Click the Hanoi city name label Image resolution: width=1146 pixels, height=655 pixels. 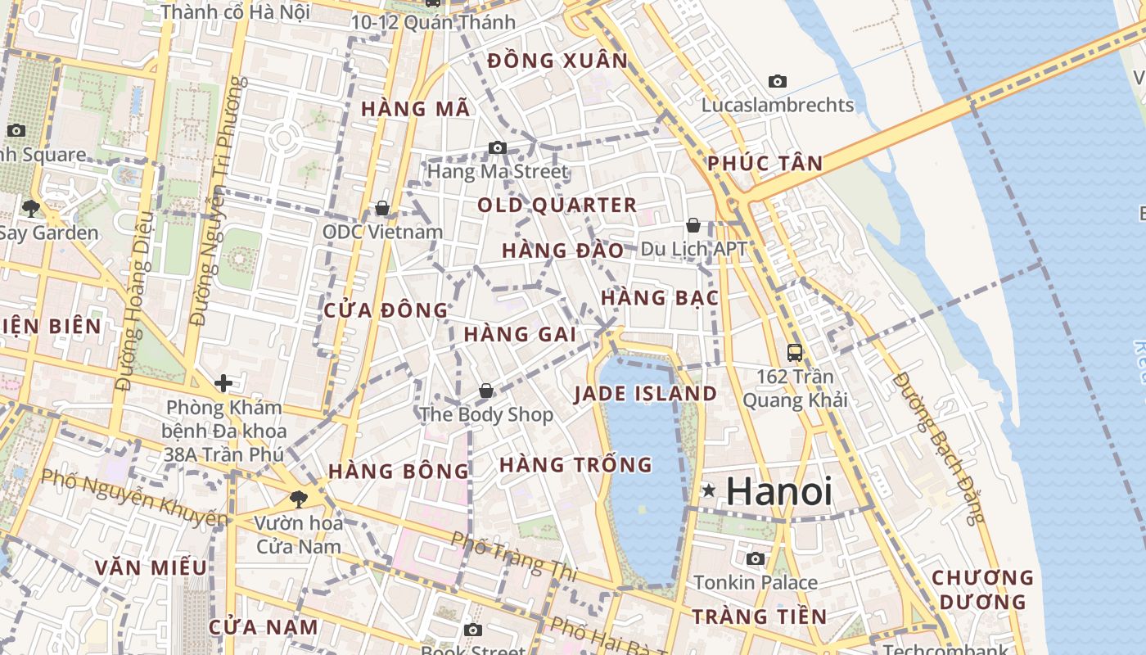[778, 491]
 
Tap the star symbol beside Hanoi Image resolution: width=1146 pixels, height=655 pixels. [708, 490]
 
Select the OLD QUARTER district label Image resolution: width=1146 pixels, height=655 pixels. [557, 205]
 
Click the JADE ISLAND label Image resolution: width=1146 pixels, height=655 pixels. [645, 394]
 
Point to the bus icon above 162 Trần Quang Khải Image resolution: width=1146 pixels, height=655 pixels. [794, 352]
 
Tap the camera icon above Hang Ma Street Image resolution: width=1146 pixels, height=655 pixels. [497, 147]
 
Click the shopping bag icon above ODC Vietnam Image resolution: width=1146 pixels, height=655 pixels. [381, 208]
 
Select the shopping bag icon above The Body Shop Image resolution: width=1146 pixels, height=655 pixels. [486, 391]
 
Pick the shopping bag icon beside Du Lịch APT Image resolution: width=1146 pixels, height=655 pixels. [693, 224]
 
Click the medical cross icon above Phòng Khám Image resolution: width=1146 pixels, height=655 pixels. [223, 382]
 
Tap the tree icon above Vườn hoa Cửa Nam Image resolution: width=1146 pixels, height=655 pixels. [298, 498]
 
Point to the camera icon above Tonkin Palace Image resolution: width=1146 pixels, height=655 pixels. [755, 558]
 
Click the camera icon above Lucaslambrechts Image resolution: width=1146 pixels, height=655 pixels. [777, 81]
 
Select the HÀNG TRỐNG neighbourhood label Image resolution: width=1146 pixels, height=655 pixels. [575, 465]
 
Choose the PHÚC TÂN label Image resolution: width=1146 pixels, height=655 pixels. [765, 163]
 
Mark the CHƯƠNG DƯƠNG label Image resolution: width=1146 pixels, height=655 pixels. [982, 589]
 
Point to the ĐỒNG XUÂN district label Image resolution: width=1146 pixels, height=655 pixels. [557, 61]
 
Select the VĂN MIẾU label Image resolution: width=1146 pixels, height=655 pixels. [151, 567]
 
